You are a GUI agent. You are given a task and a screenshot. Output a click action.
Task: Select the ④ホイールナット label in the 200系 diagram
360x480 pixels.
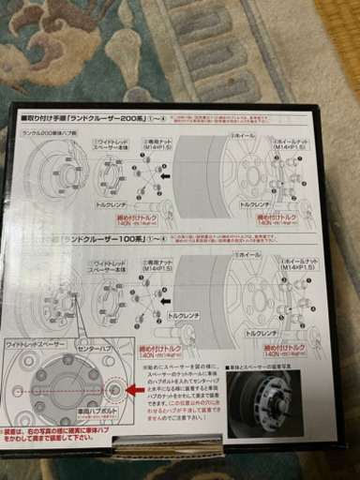click(x=292, y=143)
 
